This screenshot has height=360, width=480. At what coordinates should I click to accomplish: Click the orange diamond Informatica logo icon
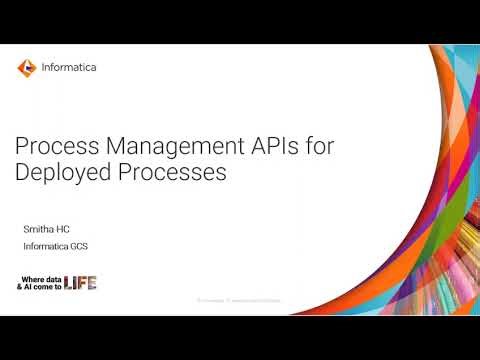coord(26,68)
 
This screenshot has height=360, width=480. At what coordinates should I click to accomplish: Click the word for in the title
coord(318,147)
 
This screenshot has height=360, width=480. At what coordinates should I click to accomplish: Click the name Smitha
coord(36,230)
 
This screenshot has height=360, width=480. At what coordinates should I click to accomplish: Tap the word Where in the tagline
coord(33,277)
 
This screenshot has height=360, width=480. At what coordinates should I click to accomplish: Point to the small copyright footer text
coord(239,300)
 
